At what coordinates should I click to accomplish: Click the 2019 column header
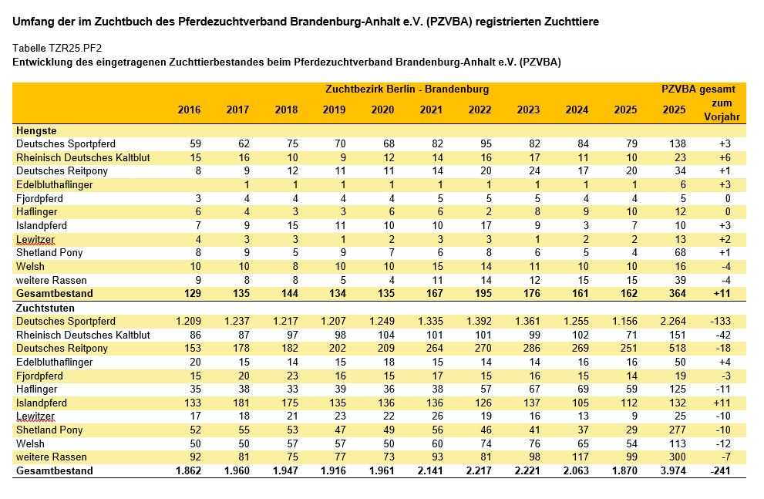[x=335, y=110]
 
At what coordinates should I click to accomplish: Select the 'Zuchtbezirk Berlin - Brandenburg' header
[x=407, y=89]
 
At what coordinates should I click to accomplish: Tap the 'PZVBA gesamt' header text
[x=698, y=89]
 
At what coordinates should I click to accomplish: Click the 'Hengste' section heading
[x=36, y=130]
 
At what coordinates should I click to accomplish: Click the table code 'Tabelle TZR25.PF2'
[x=57, y=48]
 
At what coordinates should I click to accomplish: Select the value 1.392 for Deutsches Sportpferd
[x=479, y=321]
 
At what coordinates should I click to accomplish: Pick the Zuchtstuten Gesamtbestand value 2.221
[x=527, y=470]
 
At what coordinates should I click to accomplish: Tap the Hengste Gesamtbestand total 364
[x=678, y=293]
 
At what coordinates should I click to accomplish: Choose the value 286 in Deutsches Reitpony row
[x=532, y=348]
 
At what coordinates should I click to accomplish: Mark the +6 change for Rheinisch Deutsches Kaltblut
[x=725, y=157]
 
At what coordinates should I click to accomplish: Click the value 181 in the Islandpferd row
[x=241, y=403]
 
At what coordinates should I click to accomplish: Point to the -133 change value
[x=720, y=321]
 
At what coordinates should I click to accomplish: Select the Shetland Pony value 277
[x=678, y=430]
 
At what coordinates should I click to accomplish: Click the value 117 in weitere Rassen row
[x=581, y=457]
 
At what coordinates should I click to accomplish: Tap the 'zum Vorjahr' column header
[x=722, y=110]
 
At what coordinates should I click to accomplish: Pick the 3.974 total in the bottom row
[x=673, y=470]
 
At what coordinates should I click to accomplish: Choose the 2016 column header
[x=189, y=110]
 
